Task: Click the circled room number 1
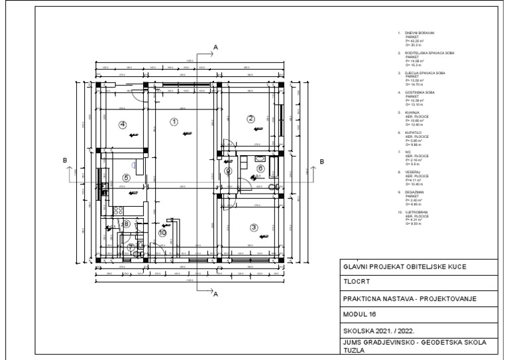click(174, 121)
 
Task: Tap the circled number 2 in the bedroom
click(251, 119)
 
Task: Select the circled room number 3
click(253, 227)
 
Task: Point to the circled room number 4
click(123, 124)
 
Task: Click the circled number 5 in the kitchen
click(126, 178)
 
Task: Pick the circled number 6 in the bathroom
click(260, 168)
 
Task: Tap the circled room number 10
click(162, 232)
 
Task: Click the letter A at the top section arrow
click(215, 46)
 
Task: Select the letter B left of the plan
click(64, 161)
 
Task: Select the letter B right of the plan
click(322, 161)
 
